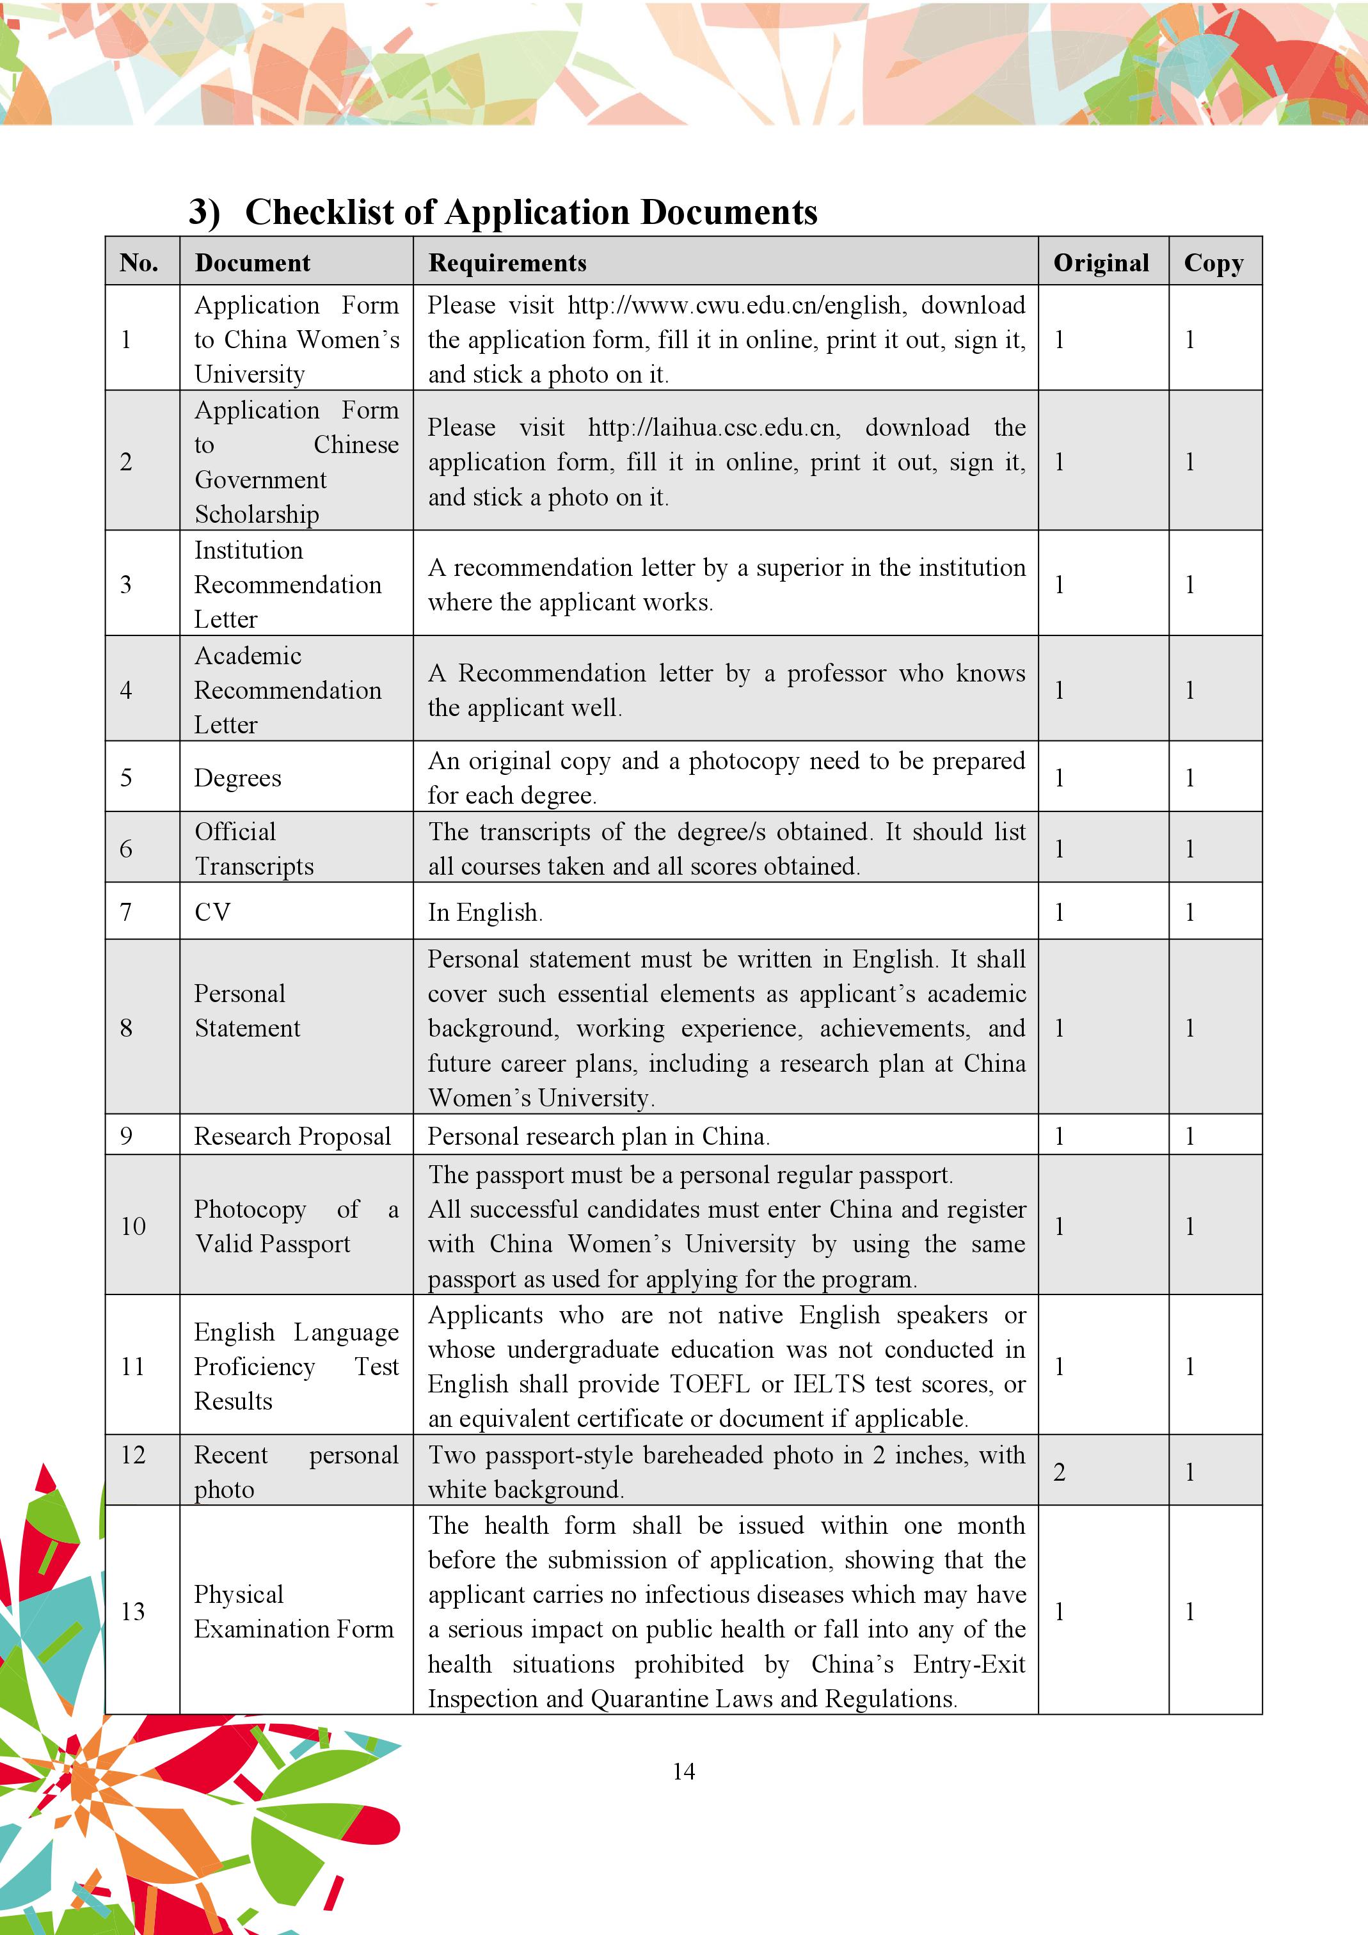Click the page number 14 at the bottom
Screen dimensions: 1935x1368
683,1771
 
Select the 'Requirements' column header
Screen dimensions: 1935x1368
507,263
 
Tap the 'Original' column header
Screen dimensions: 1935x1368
1101,263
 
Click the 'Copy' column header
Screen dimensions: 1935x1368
1213,263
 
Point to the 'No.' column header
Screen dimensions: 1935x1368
139,263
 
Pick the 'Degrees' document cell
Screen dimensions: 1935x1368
237,778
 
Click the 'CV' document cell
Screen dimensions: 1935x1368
212,912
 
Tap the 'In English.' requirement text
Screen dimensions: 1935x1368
484,912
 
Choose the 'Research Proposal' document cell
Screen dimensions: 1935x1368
292,1136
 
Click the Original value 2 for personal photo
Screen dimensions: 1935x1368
1060,1472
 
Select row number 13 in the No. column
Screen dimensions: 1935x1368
133,1611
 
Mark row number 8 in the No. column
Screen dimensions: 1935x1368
127,1028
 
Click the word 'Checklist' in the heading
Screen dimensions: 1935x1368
319,212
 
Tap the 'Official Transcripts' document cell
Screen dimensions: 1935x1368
254,848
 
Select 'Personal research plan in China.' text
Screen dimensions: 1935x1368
598,1136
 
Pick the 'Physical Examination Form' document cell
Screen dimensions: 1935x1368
293,1611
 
